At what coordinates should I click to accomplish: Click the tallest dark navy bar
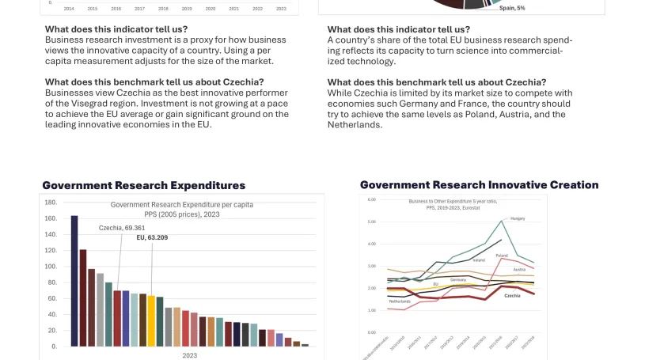click(x=74, y=281)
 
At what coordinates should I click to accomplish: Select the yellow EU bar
click(x=151, y=320)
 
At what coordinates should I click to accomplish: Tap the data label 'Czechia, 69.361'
click(x=122, y=228)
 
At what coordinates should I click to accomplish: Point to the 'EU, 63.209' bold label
click(x=152, y=237)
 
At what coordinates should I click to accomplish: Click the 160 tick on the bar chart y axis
click(x=51, y=218)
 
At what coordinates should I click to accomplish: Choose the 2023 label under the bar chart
click(x=190, y=355)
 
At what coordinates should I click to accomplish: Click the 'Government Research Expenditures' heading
click(x=143, y=186)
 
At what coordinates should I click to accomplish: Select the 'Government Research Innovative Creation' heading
click(x=479, y=185)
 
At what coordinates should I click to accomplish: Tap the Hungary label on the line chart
click(x=518, y=218)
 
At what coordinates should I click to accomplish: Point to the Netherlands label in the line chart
click(x=400, y=301)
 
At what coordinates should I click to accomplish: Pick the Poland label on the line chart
click(x=502, y=256)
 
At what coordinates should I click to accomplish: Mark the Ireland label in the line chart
click(x=479, y=260)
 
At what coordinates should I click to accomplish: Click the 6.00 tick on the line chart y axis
click(x=371, y=200)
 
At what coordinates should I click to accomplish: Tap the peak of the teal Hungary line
click(x=502, y=220)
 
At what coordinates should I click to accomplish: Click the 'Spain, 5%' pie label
click(x=511, y=8)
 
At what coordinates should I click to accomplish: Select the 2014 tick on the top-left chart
click(x=69, y=9)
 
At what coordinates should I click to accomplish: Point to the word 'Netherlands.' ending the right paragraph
click(x=355, y=125)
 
